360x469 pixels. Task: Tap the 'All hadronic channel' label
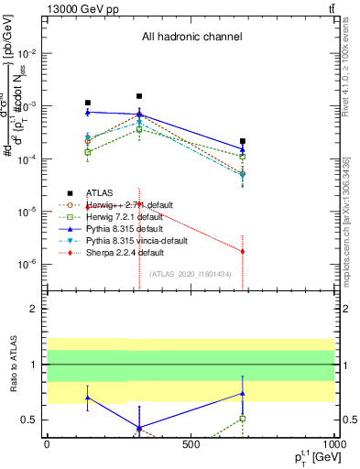(x=191, y=38)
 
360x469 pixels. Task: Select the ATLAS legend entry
(x=100, y=193)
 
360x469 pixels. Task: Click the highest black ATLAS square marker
(x=139, y=96)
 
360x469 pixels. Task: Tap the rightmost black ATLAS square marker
(x=243, y=141)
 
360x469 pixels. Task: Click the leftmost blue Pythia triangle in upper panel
(x=87, y=112)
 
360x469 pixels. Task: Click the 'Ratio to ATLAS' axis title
(x=13, y=364)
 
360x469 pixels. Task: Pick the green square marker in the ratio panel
(x=243, y=418)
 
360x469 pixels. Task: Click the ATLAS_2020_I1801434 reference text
(x=191, y=274)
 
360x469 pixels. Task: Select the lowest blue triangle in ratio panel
(x=139, y=428)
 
